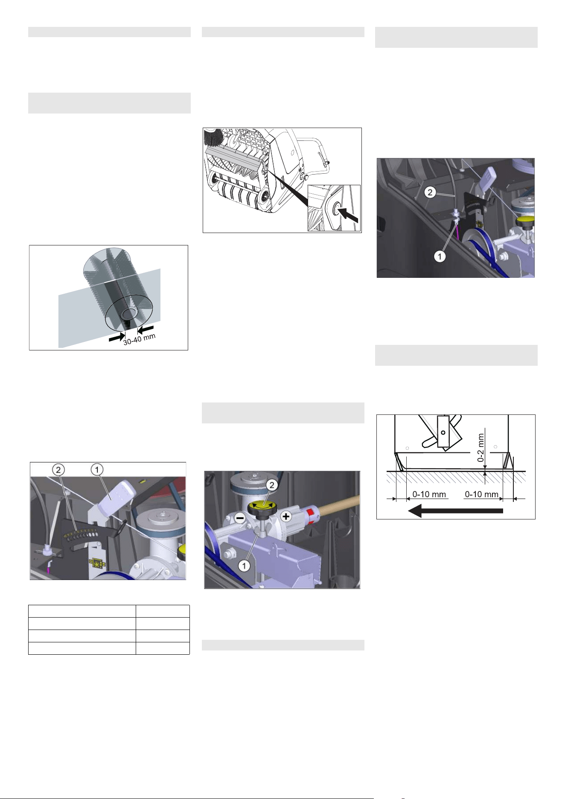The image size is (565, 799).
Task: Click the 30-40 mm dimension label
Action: click(140, 339)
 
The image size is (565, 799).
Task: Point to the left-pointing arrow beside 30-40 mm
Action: click(145, 329)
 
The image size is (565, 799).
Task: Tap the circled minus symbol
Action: click(240, 518)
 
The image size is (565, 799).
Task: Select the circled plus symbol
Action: click(286, 516)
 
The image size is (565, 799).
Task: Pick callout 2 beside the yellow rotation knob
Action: click(272, 485)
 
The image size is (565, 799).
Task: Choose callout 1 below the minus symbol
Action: click(244, 566)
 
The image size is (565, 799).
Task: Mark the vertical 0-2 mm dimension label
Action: click(481, 448)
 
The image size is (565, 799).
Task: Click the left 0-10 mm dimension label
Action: click(429, 494)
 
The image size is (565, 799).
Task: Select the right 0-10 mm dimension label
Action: click(481, 494)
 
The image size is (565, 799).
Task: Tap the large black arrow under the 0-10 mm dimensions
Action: click(456, 510)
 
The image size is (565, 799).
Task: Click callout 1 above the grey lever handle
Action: click(97, 469)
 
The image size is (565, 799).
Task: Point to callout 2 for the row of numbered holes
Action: click(58, 470)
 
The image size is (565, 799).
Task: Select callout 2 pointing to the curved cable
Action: click(430, 192)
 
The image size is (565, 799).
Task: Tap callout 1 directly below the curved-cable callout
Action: click(440, 256)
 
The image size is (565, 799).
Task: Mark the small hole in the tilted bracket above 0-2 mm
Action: click(443, 432)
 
